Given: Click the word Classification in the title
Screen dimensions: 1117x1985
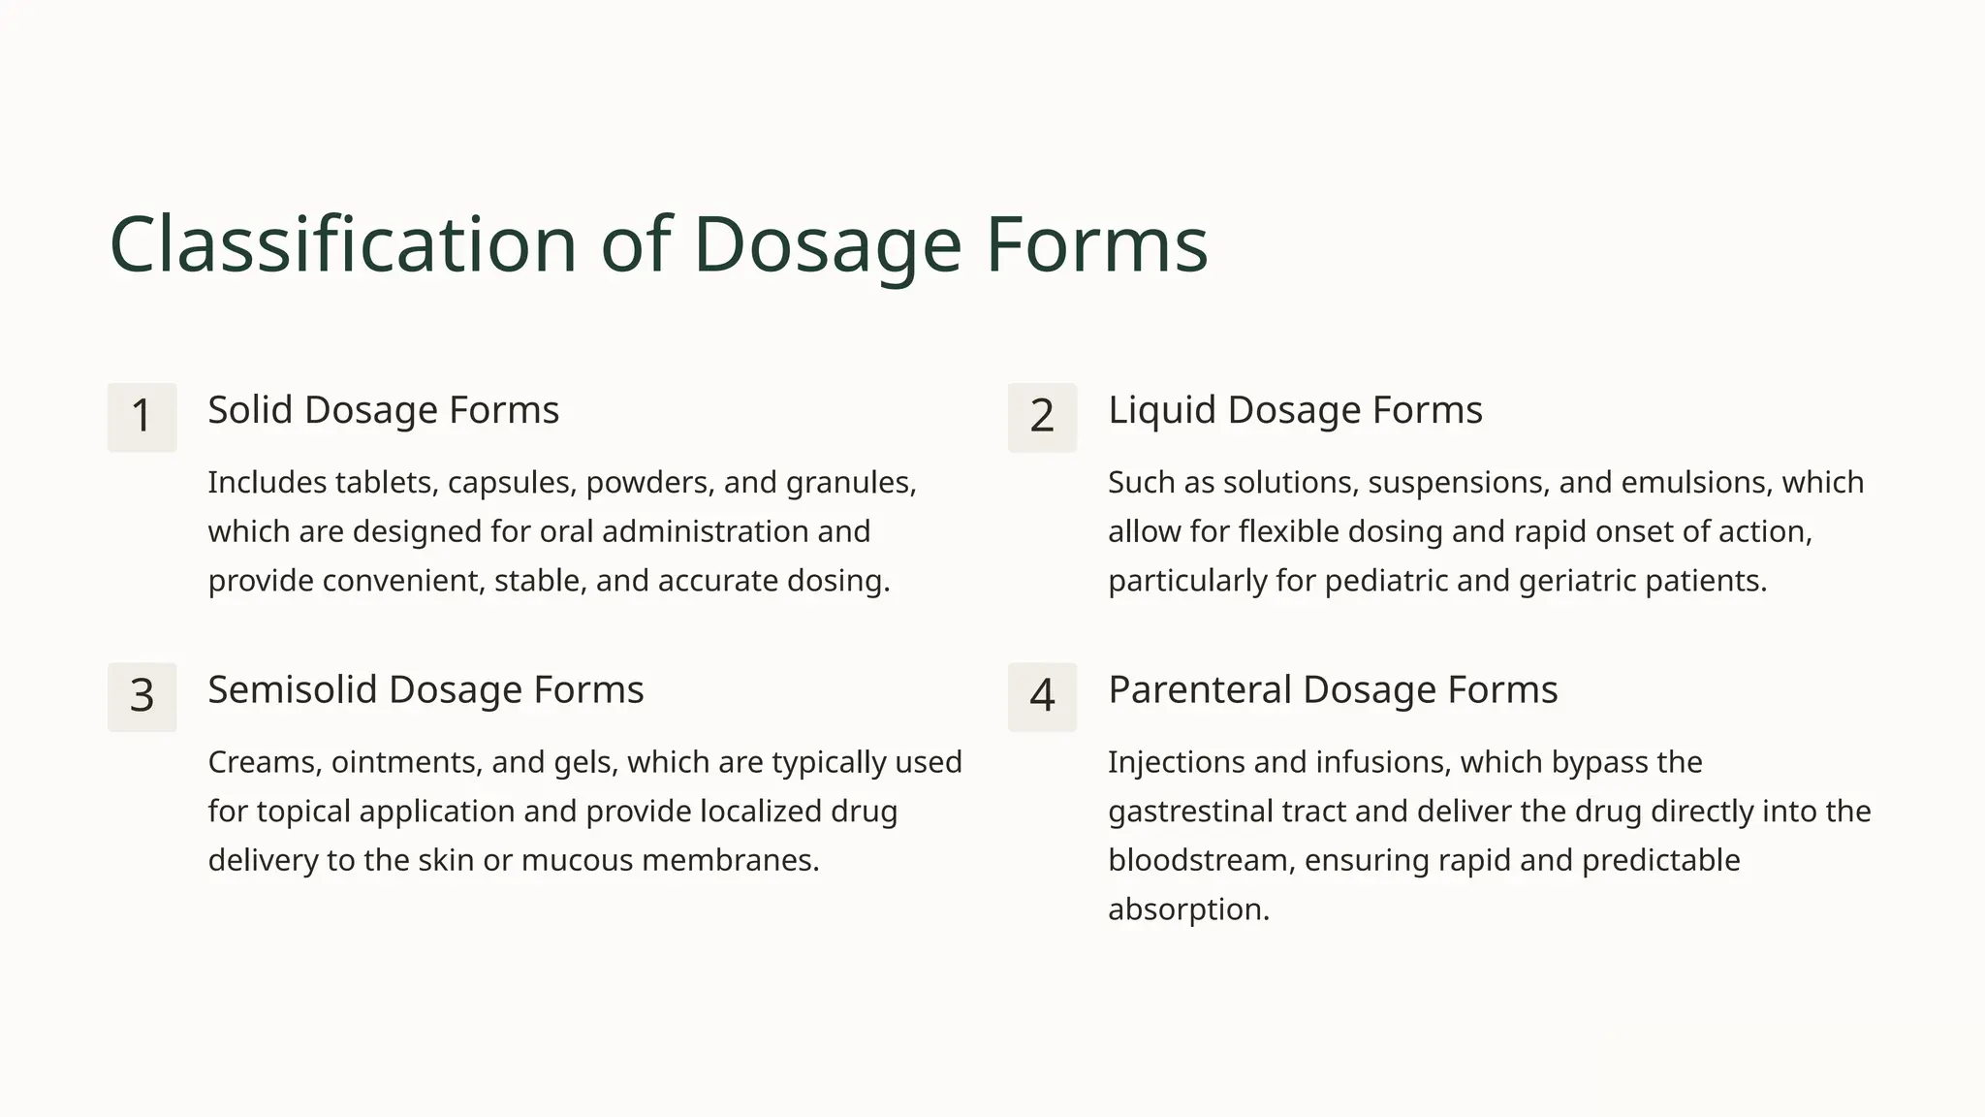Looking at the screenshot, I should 344,244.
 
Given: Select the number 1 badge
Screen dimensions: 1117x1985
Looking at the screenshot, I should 142,417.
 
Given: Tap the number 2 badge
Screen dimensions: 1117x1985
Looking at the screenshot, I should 1042,417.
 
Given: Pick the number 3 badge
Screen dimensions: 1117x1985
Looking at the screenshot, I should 142,696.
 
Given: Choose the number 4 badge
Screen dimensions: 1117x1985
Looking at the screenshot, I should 1042,696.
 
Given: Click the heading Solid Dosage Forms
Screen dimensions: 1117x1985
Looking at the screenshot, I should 383,410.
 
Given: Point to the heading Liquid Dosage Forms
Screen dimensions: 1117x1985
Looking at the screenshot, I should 1295,410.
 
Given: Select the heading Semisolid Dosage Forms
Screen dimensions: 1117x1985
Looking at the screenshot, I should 425,689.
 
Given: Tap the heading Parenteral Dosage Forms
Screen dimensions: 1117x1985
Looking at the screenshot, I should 1333,689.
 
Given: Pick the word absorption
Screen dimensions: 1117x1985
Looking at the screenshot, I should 1187,910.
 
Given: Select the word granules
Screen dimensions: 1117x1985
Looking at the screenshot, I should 850,483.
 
